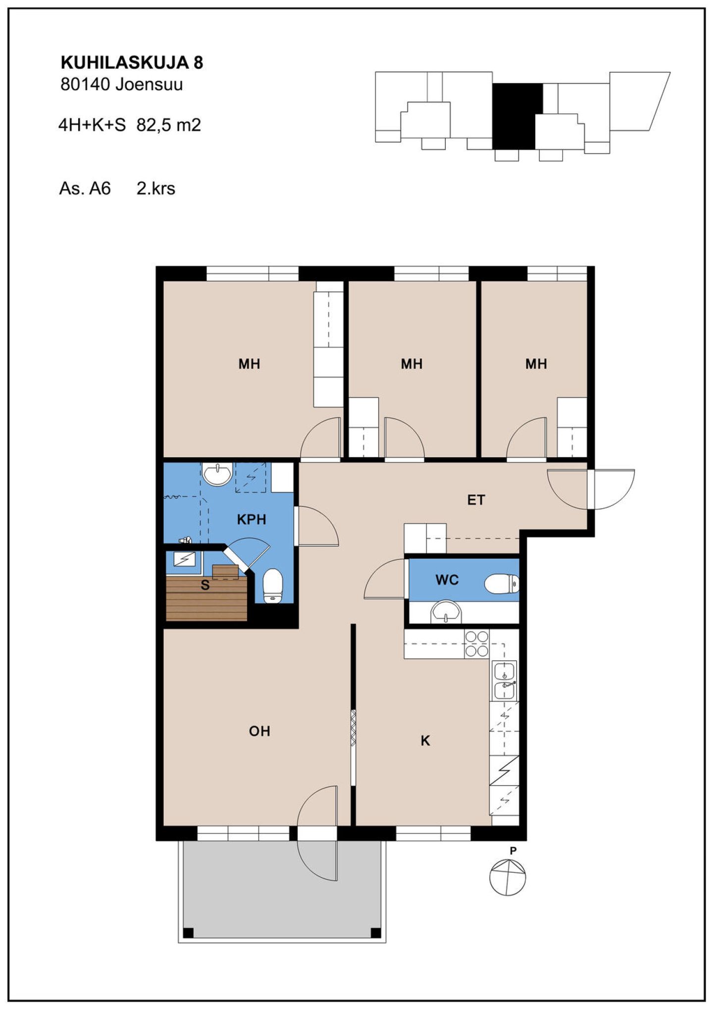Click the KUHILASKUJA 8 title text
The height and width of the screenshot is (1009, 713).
[132, 62]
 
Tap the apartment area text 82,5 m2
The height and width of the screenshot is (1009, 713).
[169, 125]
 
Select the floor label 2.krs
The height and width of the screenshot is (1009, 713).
[156, 189]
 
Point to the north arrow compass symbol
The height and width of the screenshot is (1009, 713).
[508, 877]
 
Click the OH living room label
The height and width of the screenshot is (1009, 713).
[259, 731]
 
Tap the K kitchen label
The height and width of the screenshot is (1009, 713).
[425, 741]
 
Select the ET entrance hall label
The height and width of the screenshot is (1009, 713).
[476, 500]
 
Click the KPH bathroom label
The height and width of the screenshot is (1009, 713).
[252, 520]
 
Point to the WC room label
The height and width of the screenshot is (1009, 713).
[447, 580]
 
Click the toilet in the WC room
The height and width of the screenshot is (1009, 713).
[502, 584]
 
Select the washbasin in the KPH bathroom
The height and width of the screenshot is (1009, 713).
[218, 474]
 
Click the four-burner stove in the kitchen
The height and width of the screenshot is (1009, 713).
[477, 644]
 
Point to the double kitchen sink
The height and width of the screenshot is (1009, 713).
[505, 681]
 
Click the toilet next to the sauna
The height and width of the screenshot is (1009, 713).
[272, 585]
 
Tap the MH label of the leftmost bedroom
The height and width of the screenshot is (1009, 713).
[249, 364]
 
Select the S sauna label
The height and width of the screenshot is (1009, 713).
[205, 585]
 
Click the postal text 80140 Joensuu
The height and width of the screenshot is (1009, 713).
[122, 85]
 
